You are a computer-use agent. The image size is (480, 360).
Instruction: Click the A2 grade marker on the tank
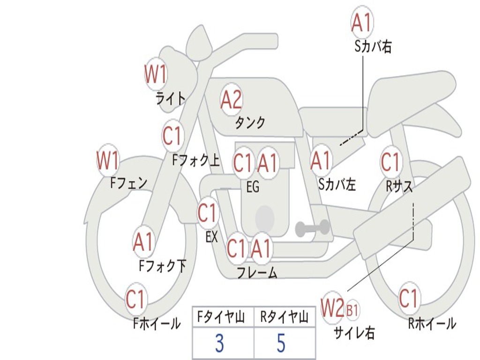(x=231, y=99)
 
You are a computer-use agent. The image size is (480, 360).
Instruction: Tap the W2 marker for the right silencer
(x=332, y=307)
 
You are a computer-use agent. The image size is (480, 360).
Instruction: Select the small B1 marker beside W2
(x=352, y=310)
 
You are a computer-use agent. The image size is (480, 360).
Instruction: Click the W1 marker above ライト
(x=156, y=74)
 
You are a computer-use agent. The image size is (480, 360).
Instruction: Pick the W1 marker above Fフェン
(x=108, y=160)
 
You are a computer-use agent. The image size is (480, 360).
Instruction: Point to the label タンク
(x=250, y=123)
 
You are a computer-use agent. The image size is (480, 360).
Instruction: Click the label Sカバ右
(x=373, y=46)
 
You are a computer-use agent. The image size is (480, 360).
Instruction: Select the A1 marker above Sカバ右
(x=362, y=22)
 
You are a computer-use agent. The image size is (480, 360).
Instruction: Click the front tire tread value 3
(x=219, y=343)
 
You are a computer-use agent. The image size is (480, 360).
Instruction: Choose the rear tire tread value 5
(x=281, y=343)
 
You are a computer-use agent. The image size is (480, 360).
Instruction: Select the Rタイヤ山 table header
(x=284, y=317)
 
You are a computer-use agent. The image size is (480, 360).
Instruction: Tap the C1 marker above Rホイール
(x=409, y=299)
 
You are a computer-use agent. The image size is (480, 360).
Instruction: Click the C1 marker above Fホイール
(x=135, y=299)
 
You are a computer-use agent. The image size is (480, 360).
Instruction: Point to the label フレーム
(x=257, y=272)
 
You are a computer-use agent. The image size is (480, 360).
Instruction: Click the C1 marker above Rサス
(x=391, y=161)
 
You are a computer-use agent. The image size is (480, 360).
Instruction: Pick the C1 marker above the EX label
(x=208, y=213)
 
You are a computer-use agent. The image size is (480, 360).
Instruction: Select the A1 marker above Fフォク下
(x=143, y=242)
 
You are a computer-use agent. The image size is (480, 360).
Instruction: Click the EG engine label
(x=253, y=187)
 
